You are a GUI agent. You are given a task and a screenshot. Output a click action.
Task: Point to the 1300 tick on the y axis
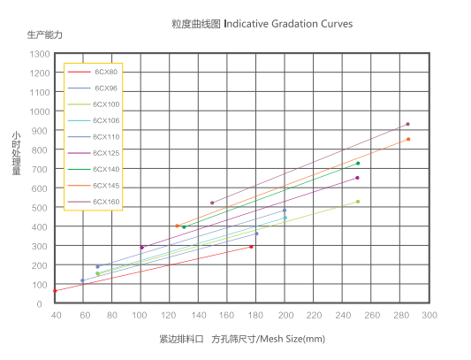(x=39, y=54)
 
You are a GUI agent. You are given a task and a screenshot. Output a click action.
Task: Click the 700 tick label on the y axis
(x=41, y=169)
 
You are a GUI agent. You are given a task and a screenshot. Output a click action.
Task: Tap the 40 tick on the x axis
(x=56, y=315)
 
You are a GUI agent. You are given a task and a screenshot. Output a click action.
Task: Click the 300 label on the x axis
(x=429, y=315)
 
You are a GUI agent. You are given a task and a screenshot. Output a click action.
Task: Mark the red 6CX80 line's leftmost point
(x=55, y=291)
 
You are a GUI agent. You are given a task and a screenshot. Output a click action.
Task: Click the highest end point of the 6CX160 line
(x=407, y=124)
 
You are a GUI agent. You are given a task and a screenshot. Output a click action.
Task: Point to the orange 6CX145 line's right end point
(x=407, y=139)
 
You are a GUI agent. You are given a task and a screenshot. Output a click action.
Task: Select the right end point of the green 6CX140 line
(x=358, y=163)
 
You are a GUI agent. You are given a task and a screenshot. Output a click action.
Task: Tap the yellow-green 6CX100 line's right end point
(x=358, y=202)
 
